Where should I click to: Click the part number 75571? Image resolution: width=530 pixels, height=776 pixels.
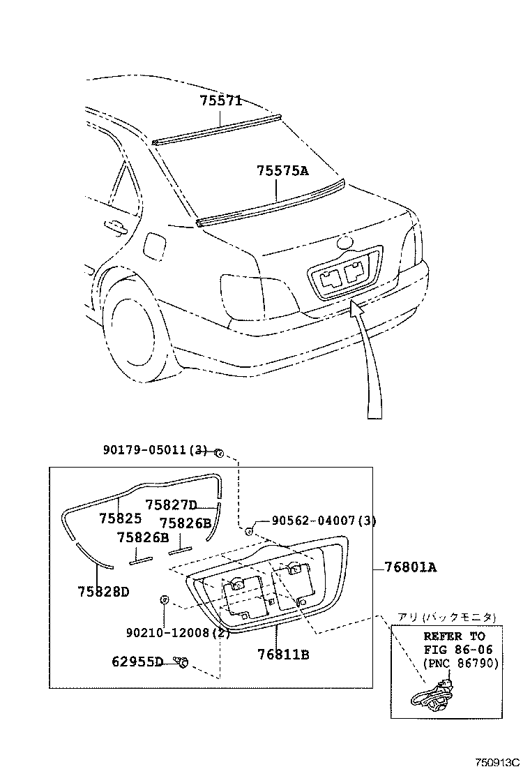221,100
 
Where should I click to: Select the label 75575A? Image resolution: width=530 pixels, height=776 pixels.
282,170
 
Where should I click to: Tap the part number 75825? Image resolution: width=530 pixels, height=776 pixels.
120,518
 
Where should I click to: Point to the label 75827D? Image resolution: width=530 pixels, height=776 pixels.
172,505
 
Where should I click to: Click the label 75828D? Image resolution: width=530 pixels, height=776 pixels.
103,592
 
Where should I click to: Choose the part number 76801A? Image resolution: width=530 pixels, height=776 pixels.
411,567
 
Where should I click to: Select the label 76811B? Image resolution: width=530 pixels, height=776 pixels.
283,655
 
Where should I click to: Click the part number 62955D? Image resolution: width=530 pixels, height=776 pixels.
137,661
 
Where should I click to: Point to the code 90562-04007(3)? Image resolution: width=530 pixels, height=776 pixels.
324,521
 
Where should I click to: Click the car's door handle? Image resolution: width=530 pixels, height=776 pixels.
112,225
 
